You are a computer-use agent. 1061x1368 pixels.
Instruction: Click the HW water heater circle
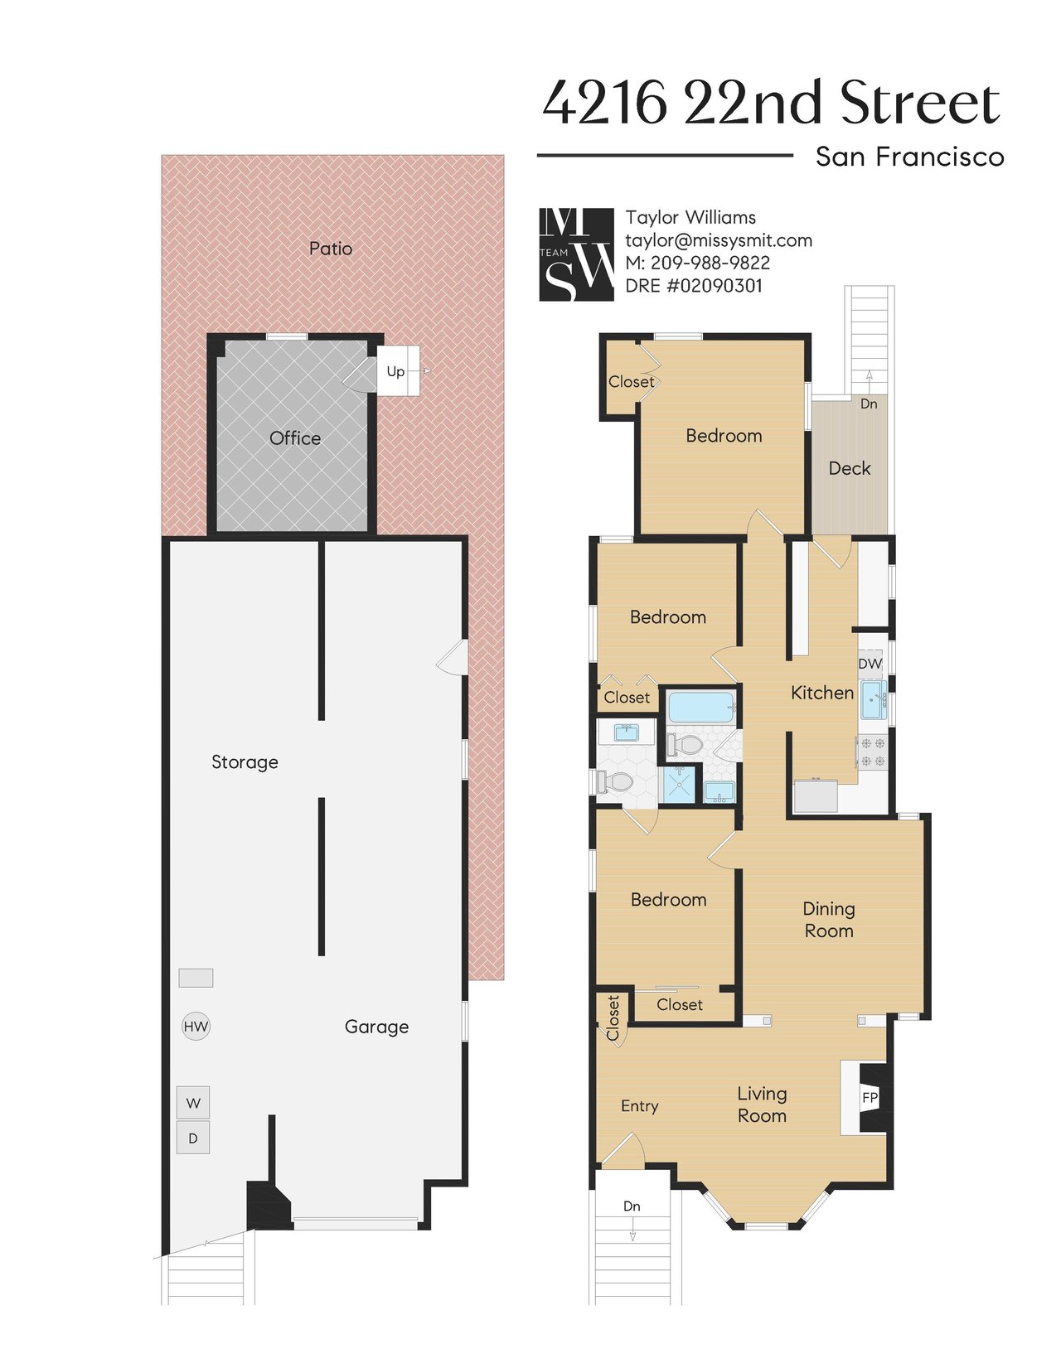[195, 1026]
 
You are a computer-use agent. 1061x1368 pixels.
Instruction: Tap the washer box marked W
[192, 1102]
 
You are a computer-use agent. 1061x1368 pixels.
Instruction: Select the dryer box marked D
[192, 1138]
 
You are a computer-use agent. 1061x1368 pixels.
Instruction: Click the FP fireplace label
[869, 1097]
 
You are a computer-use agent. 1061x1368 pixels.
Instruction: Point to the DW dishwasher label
[870, 664]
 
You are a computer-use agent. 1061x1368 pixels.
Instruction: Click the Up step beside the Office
[398, 371]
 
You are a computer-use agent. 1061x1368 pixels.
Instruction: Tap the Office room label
[295, 438]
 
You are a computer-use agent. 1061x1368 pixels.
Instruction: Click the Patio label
[331, 249]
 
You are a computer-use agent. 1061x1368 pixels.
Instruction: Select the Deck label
[850, 468]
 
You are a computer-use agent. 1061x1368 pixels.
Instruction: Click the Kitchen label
[821, 694]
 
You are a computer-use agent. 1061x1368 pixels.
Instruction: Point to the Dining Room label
[829, 920]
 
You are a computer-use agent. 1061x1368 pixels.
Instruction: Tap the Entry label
[639, 1106]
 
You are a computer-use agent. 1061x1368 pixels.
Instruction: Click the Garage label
[376, 1027]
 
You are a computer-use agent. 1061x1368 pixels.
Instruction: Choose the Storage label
[245, 762]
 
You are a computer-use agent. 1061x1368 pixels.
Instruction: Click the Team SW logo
[576, 254]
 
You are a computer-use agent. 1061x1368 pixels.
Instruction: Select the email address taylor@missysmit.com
[719, 240]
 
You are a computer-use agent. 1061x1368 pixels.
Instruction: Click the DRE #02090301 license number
[693, 286]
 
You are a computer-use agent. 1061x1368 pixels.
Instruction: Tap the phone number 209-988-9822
[710, 263]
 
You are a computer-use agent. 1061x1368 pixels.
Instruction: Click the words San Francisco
[909, 156]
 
